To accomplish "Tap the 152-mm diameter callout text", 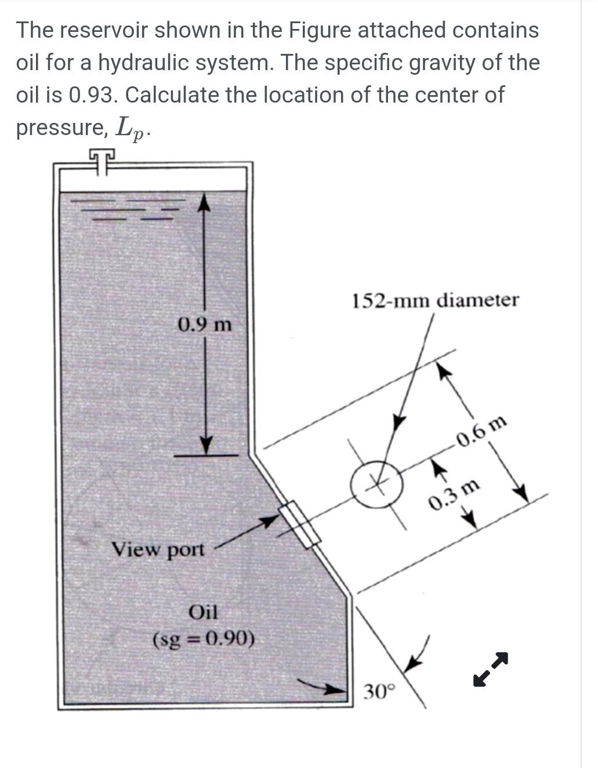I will point(435,300).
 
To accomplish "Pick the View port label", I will point(158,548).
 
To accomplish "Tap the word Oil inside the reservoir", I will point(203,612).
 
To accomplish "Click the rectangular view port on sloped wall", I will point(299,524).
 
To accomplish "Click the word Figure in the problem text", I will point(323,30).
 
